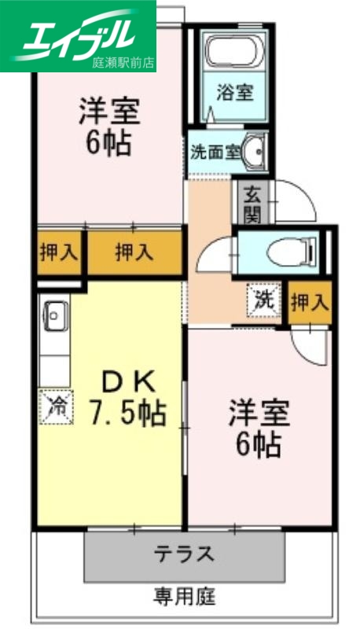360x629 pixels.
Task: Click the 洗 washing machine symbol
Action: click(x=265, y=300)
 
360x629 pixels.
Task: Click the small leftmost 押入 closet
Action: click(x=59, y=252)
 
